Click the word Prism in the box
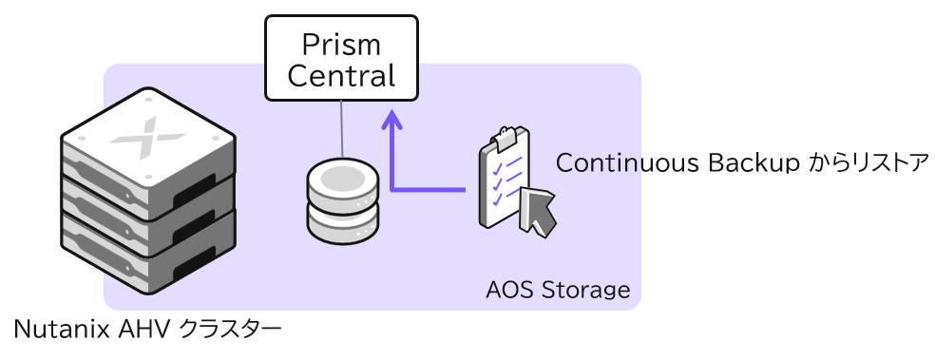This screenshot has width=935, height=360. pos(341,46)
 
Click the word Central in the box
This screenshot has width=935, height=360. pos(341,76)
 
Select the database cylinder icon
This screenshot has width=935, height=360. pos(343,200)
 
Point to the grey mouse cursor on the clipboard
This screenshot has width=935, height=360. pos(538,211)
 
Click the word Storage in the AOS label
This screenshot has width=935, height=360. pos(585,291)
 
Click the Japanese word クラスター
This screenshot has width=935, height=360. pos(230,329)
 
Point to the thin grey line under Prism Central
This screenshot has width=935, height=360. pos(342,129)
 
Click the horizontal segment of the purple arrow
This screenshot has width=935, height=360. pos(428,190)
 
